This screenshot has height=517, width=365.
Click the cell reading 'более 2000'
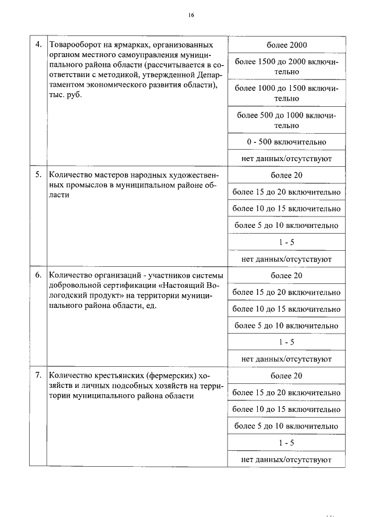click(286, 45)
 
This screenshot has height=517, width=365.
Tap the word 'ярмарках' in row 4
click(135, 45)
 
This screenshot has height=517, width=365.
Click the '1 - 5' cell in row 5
click(286, 242)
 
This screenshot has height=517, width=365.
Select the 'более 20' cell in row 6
click(286, 275)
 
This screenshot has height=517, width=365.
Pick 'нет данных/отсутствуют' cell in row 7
click(286, 459)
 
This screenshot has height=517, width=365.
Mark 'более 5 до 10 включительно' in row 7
click(286, 426)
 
